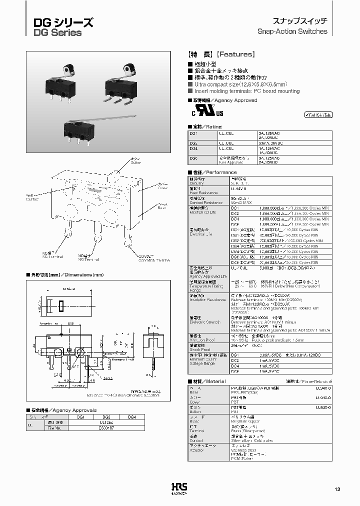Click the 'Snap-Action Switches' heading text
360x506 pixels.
[292, 31]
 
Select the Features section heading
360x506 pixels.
[221, 54]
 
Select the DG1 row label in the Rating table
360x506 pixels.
[194, 134]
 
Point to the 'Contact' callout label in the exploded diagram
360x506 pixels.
[32, 197]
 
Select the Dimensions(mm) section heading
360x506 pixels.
[67, 275]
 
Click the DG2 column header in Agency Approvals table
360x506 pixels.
[105, 416]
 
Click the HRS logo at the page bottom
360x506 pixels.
[178, 489]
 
